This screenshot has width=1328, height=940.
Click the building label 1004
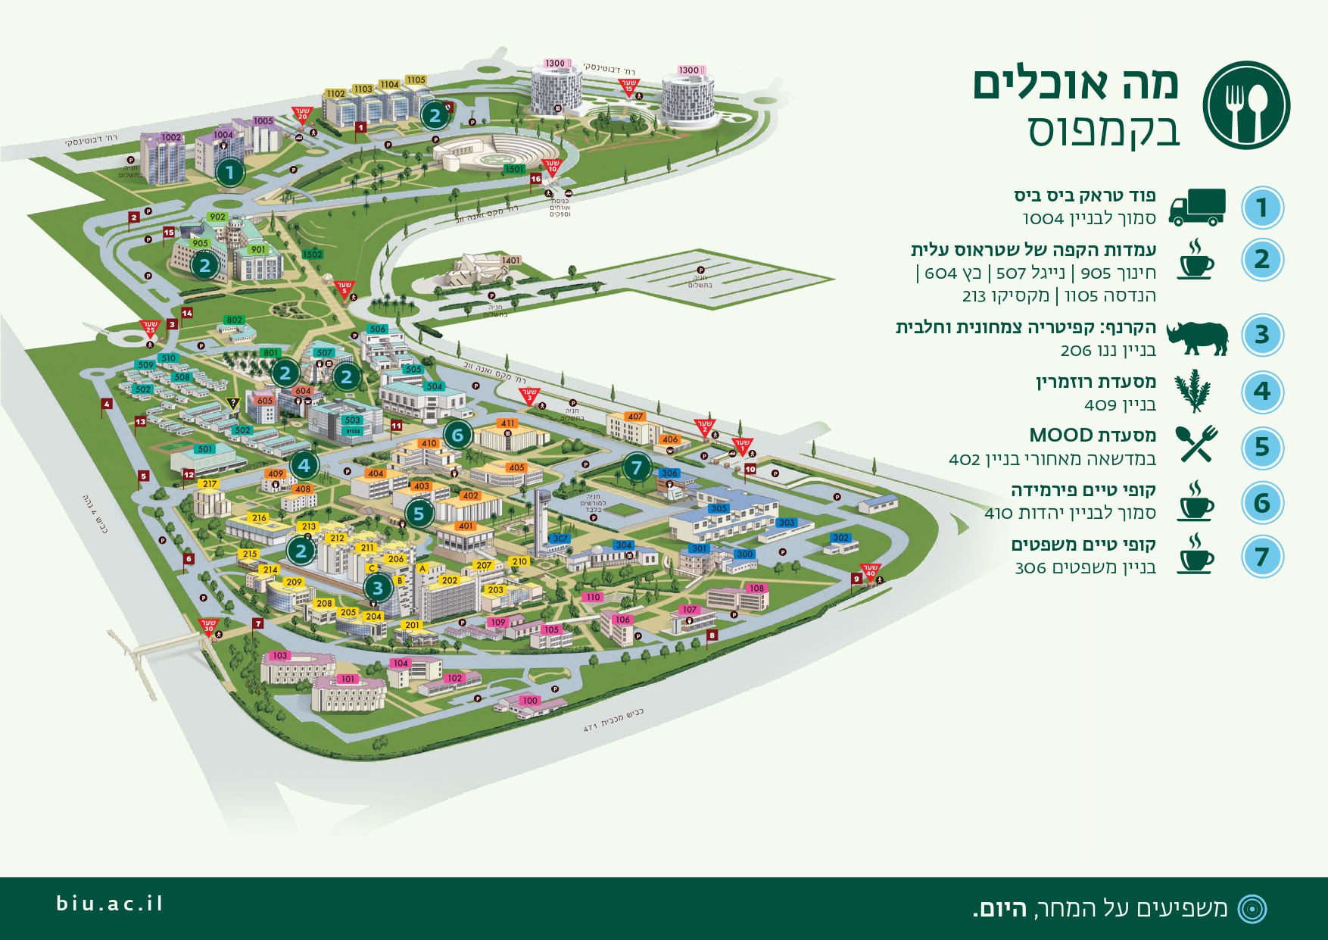(x=223, y=135)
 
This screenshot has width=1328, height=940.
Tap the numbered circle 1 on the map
(x=230, y=172)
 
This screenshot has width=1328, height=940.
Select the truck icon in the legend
(x=1196, y=208)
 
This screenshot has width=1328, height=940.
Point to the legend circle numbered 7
(x=1262, y=557)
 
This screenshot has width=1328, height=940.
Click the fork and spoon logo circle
(x=1246, y=105)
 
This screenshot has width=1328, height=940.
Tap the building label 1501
(x=514, y=169)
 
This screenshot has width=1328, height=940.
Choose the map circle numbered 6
(x=457, y=436)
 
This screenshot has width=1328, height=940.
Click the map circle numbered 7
(x=637, y=467)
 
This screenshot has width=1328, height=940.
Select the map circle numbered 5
(x=419, y=514)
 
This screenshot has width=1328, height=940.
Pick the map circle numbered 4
(x=304, y=465)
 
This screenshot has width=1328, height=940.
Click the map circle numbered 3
(x=377, y=587)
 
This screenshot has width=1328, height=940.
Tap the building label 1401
(x=511, y=261)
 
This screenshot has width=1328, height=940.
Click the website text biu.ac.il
(x=110, y=904)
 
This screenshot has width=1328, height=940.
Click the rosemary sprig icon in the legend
(x=1193, y=391)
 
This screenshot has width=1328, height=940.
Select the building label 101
(x=348, y=679)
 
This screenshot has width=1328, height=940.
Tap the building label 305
(x=719, y=508)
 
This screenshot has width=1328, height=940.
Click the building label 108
(x=756, y=588)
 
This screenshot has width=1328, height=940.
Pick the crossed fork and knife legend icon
(x=1196, y=444)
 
